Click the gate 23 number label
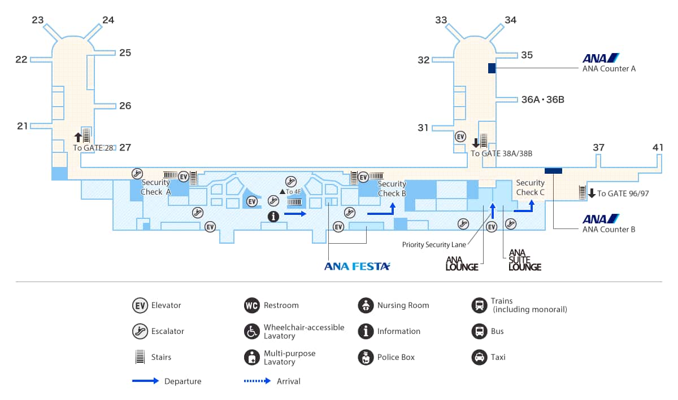pos(38,20)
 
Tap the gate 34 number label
pos(511,20)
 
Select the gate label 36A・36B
pos(543,99)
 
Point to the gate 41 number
pos(658,147)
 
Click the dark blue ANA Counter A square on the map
pos(492,68)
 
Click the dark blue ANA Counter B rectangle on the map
pos(553,171)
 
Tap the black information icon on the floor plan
pos(273,216)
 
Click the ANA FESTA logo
pos(357,266)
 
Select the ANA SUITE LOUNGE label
pos(524,260)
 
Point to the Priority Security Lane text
pos(434,245)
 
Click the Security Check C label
pos(531,187)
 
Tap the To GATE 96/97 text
pos(623,194)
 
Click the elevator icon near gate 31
pos(460,137)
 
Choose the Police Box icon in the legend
pos(366,357)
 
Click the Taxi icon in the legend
pos(480,357)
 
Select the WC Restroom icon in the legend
pos(252,305)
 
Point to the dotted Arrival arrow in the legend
pos(257,381)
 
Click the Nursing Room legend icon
pos(366,305)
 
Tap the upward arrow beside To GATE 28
pos(78,137)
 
